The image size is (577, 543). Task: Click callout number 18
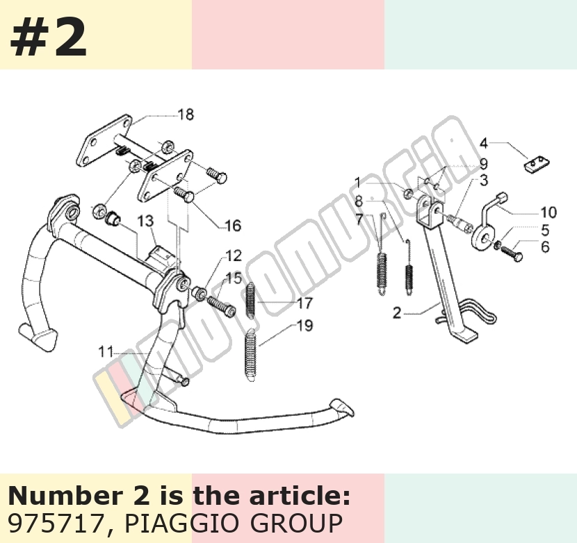(x=186, y=115)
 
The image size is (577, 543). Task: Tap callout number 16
(x=233, y=226)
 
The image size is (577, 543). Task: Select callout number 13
(x=145, y=221)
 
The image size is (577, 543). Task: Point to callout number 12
(x=234, y=256)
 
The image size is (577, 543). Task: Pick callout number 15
(x=234, y=278)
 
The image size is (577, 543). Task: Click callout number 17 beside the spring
(x=304, y=303)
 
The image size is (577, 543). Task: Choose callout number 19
(x=304, y=326)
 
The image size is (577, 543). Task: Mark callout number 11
(x=106, y=352)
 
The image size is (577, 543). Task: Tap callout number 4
(x=484, y=143)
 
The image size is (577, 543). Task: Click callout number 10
(x=548, y=212)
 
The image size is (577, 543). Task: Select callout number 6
(x=545, y=247)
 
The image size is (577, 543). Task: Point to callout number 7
(x=359, y=219)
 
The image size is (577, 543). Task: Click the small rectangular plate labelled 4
(x=537, y=164)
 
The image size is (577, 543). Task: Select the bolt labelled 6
(x=512, y=253)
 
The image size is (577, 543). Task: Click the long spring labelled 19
(x=250, y=355)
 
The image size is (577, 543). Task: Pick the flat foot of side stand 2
(x=465, y=335)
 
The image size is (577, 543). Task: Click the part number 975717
(x=55, y=523)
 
